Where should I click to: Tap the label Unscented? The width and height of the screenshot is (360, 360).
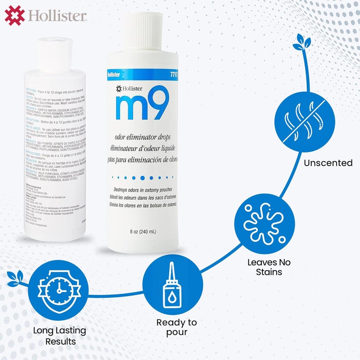pyautogui.click(x=328, y=162)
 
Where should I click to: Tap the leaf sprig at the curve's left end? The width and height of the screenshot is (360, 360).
pyautogui.click(x=13, y=278)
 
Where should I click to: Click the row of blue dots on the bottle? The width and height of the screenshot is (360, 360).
pyautogui.click(x=141, y=177)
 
